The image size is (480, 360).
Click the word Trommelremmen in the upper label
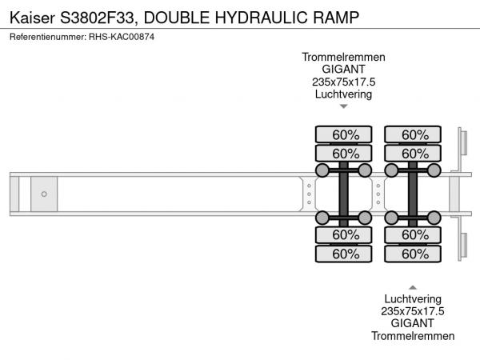344,57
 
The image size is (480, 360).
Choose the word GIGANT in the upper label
344,70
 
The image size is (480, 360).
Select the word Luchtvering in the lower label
413,298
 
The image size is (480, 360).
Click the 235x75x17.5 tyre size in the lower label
413,311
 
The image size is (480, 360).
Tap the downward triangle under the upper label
344,106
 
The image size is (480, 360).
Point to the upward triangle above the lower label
413,286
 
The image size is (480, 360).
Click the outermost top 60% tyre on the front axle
345,134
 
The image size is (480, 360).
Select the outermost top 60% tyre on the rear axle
414,134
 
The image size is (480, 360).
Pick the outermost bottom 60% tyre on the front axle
345,254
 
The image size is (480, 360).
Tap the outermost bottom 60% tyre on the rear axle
414,254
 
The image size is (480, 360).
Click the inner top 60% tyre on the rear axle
414,154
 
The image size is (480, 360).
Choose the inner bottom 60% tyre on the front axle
345,235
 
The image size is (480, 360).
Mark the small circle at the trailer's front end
45,194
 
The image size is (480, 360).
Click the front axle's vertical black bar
344,194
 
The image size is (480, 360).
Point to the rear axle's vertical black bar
413,194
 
